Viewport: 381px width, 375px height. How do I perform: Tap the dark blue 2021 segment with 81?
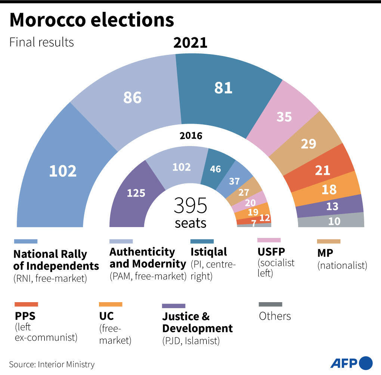click(x=223, y=88)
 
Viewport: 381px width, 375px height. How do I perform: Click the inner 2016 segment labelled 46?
click(x=216, y=168)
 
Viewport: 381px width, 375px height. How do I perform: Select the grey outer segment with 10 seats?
click(x=334, y=221)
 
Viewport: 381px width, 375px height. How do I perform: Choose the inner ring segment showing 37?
click(x=235, y=181)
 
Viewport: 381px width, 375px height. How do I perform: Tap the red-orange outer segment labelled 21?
click(x=322, y=170)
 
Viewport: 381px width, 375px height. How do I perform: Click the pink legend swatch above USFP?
click(x=269, y=240)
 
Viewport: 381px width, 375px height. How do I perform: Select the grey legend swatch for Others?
click(x=270, y=304)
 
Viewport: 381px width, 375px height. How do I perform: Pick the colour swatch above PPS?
click(x=26, y=304)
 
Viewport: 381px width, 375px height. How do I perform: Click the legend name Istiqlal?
click(x=208, y=252)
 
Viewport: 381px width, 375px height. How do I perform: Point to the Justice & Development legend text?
click(x=197, y=323)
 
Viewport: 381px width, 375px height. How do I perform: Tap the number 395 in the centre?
click(x=190, y=205)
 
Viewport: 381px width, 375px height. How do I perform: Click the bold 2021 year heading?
click(x=190, y=43)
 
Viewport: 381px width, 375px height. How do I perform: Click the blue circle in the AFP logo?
click(x=365, y=363)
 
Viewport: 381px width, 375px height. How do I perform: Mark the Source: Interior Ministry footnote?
click(x=52, y=364)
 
